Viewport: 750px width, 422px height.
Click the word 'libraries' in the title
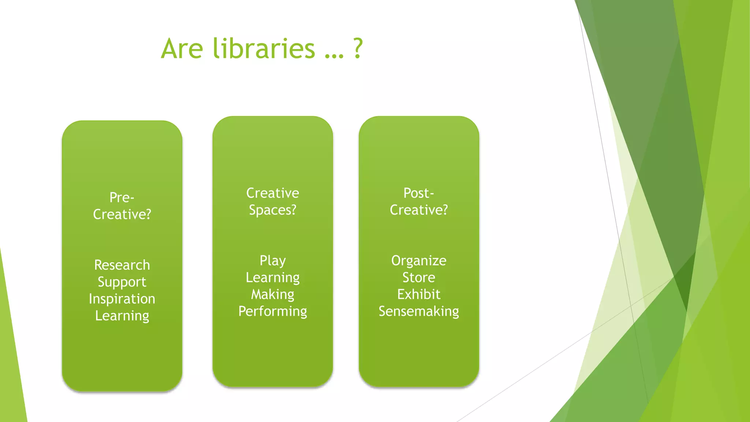coord(264,48)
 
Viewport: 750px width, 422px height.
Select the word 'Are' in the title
coord(182,48)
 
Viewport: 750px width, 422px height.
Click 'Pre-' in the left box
coord(122,197)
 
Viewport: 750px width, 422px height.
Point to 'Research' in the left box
coord(122,265)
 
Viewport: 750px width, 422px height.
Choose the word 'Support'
coord(122,282)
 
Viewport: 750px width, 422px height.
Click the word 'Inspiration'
coord(122,299)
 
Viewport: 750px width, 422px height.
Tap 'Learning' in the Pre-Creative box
coord(122,316)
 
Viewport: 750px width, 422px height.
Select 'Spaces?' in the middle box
coord(272,210)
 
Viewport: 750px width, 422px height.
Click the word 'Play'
coord(272,261)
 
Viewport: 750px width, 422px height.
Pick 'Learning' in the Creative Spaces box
coord(272,278)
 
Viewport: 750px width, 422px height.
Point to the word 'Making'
coord(272,295)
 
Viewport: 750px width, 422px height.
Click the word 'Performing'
coord(272,311)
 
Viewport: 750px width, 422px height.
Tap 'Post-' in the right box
coord(419,193)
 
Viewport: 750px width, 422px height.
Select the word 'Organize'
coord(419,260)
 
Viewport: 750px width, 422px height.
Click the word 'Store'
coord(419,277)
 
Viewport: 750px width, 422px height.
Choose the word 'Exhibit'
coord(419,294)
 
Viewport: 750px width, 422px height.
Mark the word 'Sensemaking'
coord(419,311)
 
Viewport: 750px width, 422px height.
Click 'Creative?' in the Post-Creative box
coord(419,210)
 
